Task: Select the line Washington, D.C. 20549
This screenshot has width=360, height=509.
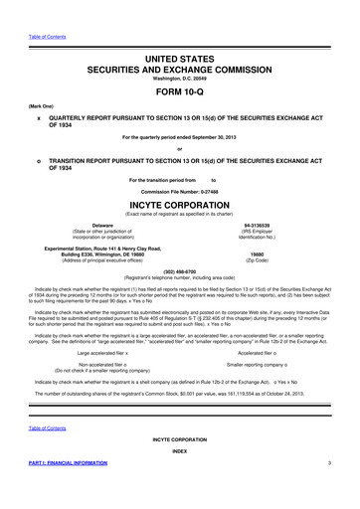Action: point(179,66)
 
